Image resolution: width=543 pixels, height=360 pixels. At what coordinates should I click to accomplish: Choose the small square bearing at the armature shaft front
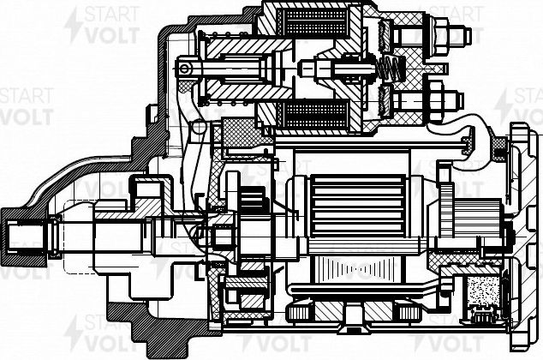click(x=222, y=232)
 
